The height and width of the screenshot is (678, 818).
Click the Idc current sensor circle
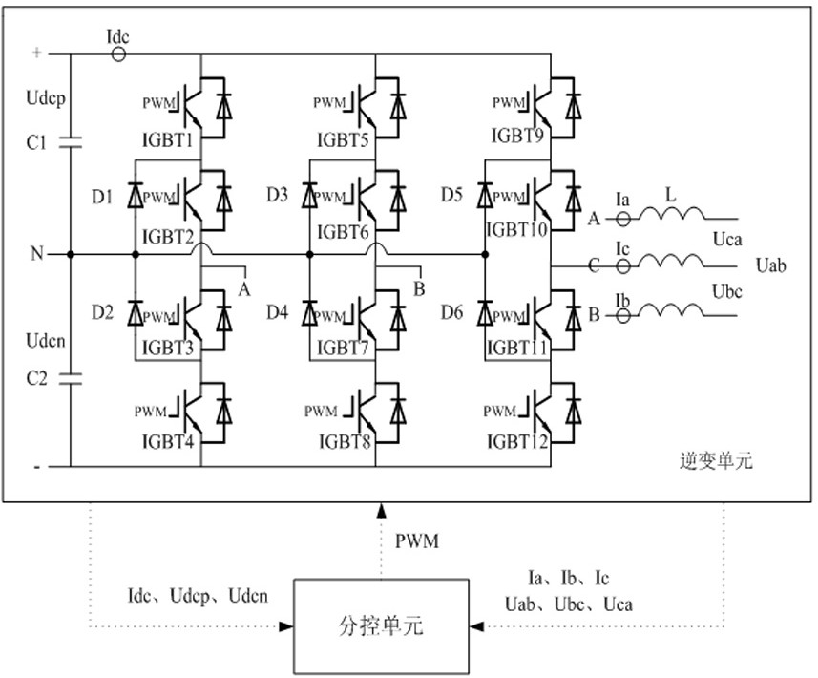[x=118, y=54]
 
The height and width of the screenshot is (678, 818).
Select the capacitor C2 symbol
[x=69, y=378]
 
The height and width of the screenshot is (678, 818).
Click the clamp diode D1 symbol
[x=136, y=198]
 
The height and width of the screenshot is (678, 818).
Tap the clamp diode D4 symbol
[x=310, y=311]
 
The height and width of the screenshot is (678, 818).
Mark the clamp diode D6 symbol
[x=485, y=311]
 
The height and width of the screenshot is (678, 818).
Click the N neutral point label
[x=37, y=254]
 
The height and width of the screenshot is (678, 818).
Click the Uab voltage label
[x=770, y=265]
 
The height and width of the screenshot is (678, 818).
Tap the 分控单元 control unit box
[x=381, y=626]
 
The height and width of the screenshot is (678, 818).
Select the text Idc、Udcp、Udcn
[x=199, y=596]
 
